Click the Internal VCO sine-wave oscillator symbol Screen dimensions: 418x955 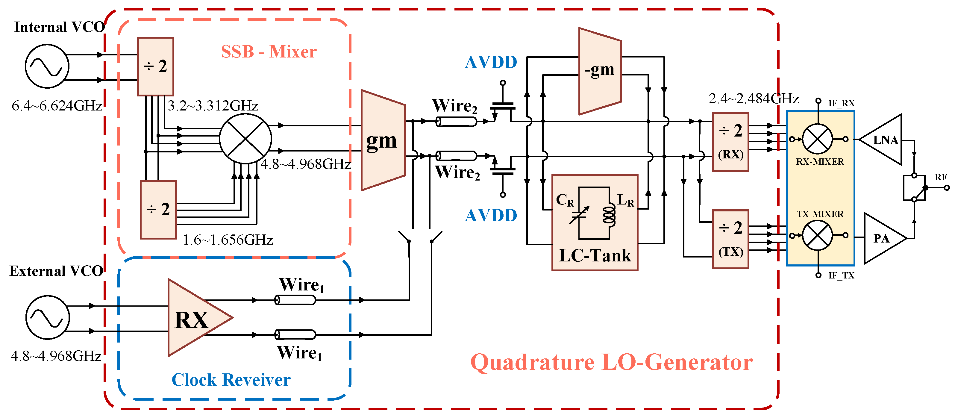pos(47,66)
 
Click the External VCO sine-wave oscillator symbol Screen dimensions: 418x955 pos(48,317)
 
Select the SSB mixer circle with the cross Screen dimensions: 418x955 pos(245,138)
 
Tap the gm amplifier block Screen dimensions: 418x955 pos(382,140)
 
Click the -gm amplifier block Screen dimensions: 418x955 pos(599,70)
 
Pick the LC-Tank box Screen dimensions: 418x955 pos(594,222)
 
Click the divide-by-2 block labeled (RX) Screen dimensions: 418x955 pos(730,142)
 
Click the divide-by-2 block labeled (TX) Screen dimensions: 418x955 pos(730,239)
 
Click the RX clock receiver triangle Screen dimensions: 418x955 pos(195,318)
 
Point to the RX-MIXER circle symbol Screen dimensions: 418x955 pos(817,139)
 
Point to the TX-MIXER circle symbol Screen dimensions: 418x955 pos(817,235)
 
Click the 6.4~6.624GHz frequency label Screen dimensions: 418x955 pos(57,106)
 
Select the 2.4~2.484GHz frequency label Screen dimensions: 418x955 pos(753,98)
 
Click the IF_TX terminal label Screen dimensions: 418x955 pos(841,275)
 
